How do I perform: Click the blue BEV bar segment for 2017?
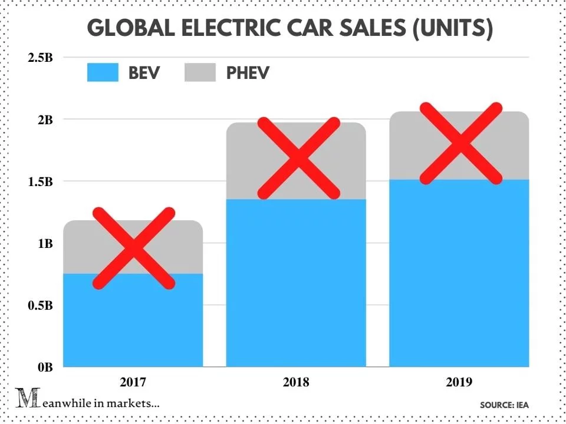[133, 330]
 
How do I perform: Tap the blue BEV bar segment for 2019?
[459, 277]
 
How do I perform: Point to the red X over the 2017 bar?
[134, 248]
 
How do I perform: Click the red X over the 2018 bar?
[299, 158]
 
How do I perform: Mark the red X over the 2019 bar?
[460, 144]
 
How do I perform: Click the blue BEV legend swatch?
[103, 72]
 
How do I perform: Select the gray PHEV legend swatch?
[200, 72]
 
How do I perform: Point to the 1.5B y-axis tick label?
[39, 181]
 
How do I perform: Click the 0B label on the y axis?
[45, 367]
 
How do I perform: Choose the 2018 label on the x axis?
[296, 382]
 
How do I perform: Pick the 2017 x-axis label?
[133, 382]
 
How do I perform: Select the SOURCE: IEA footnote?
[504, 405]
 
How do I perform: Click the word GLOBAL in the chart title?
[127, 29]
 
